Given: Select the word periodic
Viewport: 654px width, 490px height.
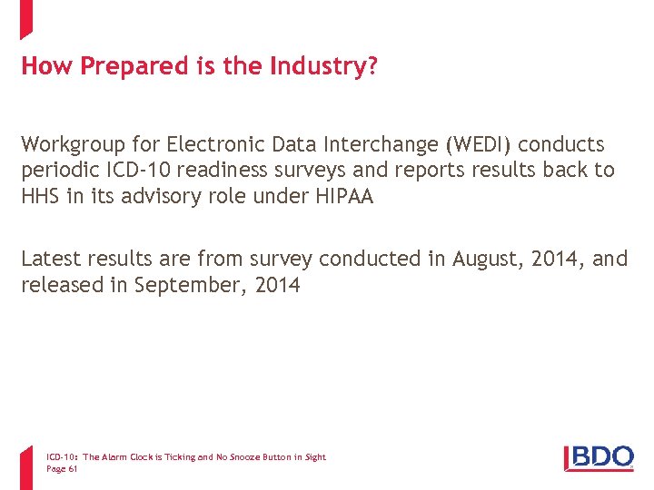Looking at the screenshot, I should coord(60,170).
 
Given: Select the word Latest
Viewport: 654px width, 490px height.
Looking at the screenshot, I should coord(51,259).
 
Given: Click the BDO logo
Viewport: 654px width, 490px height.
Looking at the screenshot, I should coord(599,456).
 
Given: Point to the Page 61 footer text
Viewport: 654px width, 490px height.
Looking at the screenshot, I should coord(62,469).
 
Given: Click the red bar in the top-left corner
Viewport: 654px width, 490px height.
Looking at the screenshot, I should coord(25,18).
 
